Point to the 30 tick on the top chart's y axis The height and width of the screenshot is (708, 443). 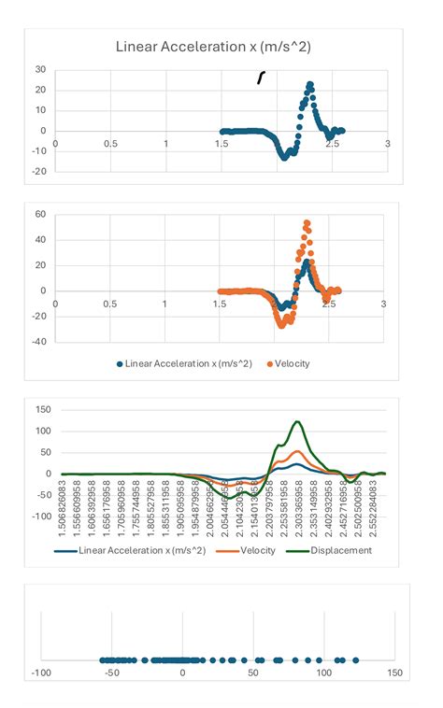(40, 69)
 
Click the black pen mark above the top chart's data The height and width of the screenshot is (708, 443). (261, 77)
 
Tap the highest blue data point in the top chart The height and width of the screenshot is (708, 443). (309, 85)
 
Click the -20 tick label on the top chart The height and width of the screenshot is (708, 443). (38, 171)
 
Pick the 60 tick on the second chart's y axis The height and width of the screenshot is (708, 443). (40, 214)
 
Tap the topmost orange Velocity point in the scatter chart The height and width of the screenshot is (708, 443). (307, 223)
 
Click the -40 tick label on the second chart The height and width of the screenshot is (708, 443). (38, 342)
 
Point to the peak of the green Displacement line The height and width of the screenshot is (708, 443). (297, 422)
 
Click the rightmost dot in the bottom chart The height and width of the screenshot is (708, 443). (356, 659)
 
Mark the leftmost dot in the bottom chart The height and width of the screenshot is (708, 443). (102, 659)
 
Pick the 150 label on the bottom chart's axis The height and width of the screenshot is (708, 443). (393, 673)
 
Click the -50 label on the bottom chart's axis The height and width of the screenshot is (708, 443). (110, 673)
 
